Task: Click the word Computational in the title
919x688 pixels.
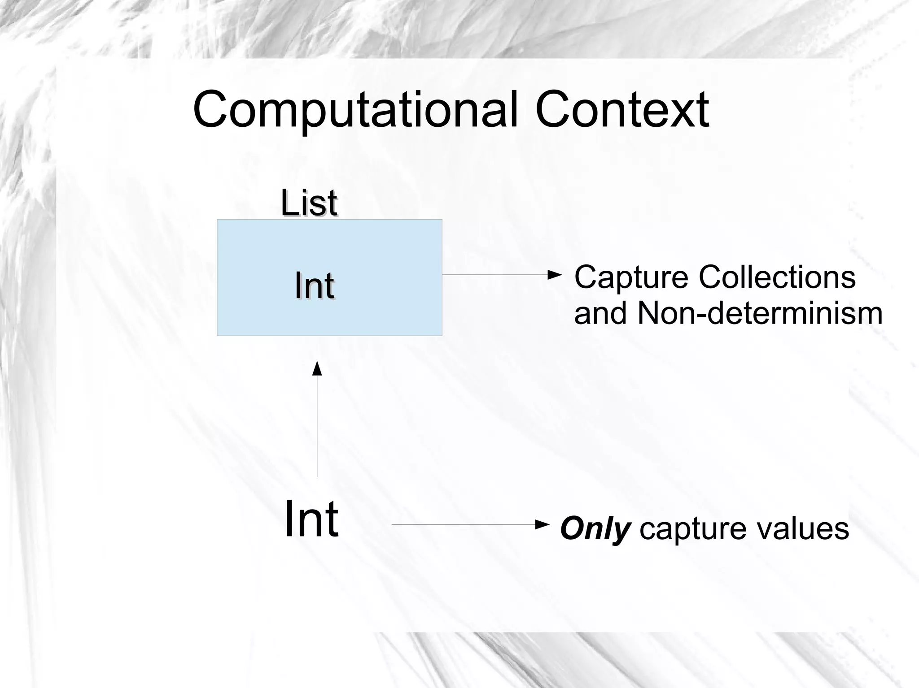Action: pyautogui.click(x=354, y=110)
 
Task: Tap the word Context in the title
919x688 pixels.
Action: pyautogui.click(x=621, y=110)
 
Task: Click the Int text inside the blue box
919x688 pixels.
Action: pyautogui.click(x=314, y=286)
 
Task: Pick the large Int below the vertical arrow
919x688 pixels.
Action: pyautogui.click(x=311, y=519)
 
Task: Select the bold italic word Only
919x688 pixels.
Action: pyautogui.click(x=595, y=529)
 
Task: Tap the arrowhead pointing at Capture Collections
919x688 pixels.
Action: pyautogui.click(x=555, y=274)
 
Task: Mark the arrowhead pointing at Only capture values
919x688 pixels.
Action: pyautogui.click(x=543, y=524)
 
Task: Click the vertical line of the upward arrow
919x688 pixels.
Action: pyautogui.click(x=317, y=426)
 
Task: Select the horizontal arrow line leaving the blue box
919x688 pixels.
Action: pyautogui.click(x=494, y=274)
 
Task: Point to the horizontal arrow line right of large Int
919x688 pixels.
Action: pyautogui.click(x=462, y=524)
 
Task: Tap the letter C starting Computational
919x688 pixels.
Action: pyautogui.click(x=210, y=110)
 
